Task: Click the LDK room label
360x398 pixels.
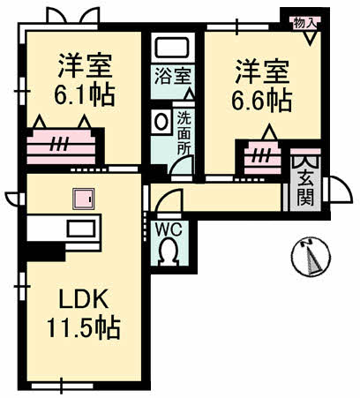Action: (84, 300)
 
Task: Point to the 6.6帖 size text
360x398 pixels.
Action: (262, 100)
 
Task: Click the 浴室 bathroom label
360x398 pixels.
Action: (172, 75)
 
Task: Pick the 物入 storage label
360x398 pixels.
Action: (304, 22)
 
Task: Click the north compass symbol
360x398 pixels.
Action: (311, 259)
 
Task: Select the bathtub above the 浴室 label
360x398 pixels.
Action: (172, 48)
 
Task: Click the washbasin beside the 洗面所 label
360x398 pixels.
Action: (162, 122)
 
